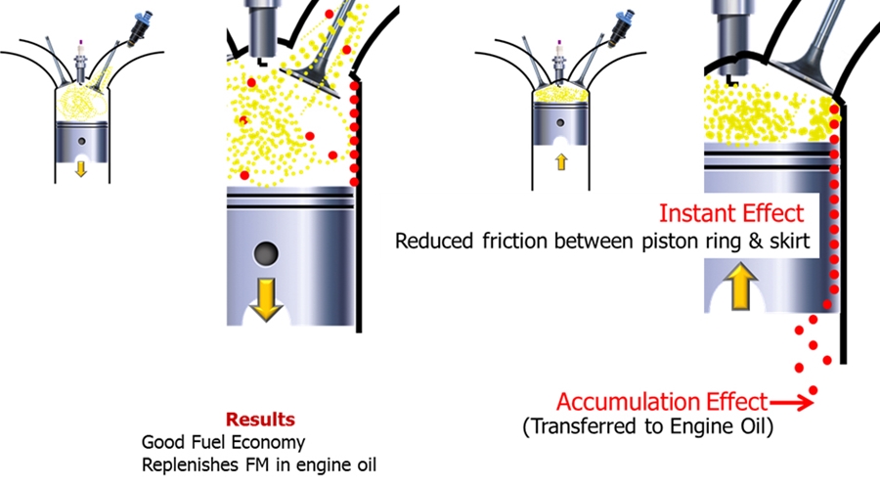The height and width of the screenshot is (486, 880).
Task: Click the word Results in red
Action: [260, 420]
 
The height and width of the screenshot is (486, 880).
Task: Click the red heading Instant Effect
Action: [730, 213]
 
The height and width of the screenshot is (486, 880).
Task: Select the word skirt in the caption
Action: [792, 241]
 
